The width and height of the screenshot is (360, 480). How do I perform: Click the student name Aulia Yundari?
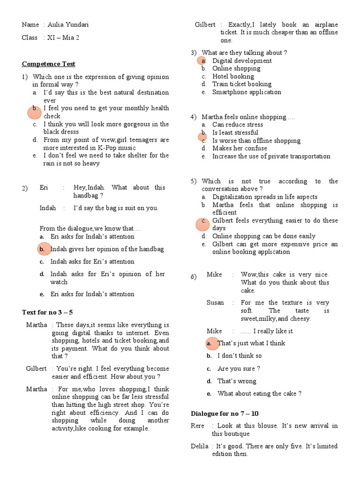click(x=68, y=25)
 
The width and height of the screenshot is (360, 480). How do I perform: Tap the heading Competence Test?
click(x=49, y=64)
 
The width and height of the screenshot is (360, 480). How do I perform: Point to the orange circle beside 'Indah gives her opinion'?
click(x=43, y=249)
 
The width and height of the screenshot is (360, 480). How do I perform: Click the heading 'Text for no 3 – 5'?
click(x=48, y=312)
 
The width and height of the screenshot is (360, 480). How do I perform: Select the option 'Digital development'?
click(x=242, y=60)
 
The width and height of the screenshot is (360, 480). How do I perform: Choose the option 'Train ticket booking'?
click(x=242, y=84)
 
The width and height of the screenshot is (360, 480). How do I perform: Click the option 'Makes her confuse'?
click(x=240, y=148)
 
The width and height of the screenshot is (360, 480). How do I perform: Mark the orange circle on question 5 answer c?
click(x=202, y=224)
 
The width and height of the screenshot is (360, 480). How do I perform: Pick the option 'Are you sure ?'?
click(x=239, y=368)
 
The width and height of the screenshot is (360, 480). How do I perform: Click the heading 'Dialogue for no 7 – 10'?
click(x=225, y=413)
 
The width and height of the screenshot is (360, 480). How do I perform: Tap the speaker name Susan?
click(x=215, y=303)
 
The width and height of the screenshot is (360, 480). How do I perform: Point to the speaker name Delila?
click(x=199, y=446)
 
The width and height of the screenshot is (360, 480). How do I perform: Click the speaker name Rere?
click(x=198, y=426)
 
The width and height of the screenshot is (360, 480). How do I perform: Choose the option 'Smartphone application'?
click(x=247, y=92)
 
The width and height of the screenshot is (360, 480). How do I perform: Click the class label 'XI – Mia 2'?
click(x=64, y=37)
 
